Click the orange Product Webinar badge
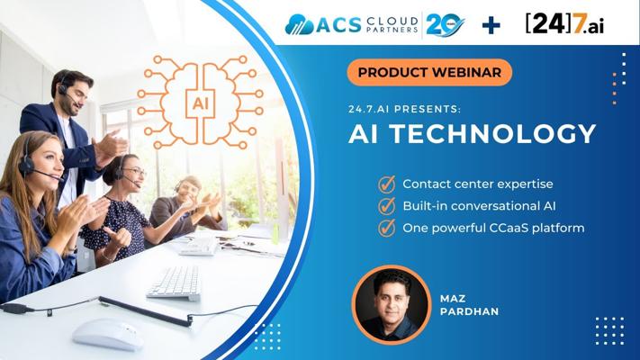pos(429,72)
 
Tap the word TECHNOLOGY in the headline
pos(494,133)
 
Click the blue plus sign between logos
pos(491,25)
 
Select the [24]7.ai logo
pos(565,24)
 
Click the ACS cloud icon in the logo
pos(300,25)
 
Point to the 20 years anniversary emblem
pos(445,25)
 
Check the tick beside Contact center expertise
pos(386,184)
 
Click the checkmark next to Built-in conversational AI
pos(386,206)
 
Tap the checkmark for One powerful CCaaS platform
pos(386,228)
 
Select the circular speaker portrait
pos(392,304)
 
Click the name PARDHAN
pos(469,311)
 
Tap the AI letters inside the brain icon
pos(200,103)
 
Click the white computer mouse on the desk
pos(108,334)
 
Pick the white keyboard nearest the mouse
pos(175,283)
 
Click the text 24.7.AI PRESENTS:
pos(404,110)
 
